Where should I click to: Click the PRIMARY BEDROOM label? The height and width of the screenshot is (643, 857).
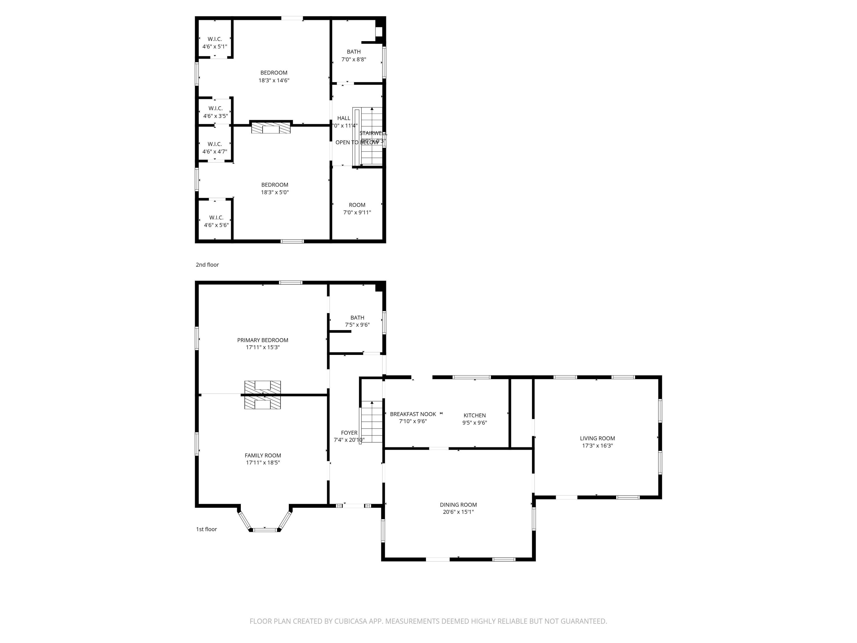point(263,340)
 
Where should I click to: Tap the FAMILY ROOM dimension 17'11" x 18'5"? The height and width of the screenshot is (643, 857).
point(263,462)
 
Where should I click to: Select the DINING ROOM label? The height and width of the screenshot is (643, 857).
point(458,505)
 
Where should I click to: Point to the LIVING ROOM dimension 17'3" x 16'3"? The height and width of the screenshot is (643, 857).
point(597,446)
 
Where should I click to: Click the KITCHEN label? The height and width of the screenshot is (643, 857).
point(474,415)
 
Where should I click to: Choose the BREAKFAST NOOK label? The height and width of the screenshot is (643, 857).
point(413,414)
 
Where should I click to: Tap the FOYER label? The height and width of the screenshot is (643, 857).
point(349,433)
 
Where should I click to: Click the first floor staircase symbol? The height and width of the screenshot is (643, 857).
point(372,422)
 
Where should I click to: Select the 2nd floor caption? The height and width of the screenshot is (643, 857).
point(207,265)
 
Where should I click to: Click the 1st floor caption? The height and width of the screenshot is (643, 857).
point(207,529)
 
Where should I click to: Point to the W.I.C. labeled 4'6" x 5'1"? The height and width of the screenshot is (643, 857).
point(215,43)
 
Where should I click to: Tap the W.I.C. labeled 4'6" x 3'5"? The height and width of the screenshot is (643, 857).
point(215,112)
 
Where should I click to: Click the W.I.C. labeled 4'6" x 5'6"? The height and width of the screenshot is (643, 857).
point(216,221)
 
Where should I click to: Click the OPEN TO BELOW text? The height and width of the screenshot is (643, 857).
point(357,142)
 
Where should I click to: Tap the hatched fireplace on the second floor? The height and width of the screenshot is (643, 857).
point(271,127)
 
